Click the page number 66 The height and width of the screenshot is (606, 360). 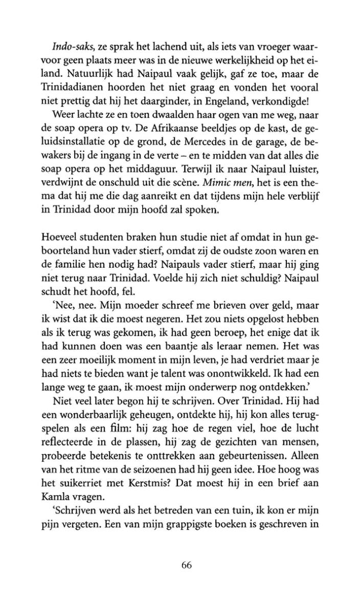tap(186, 565)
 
